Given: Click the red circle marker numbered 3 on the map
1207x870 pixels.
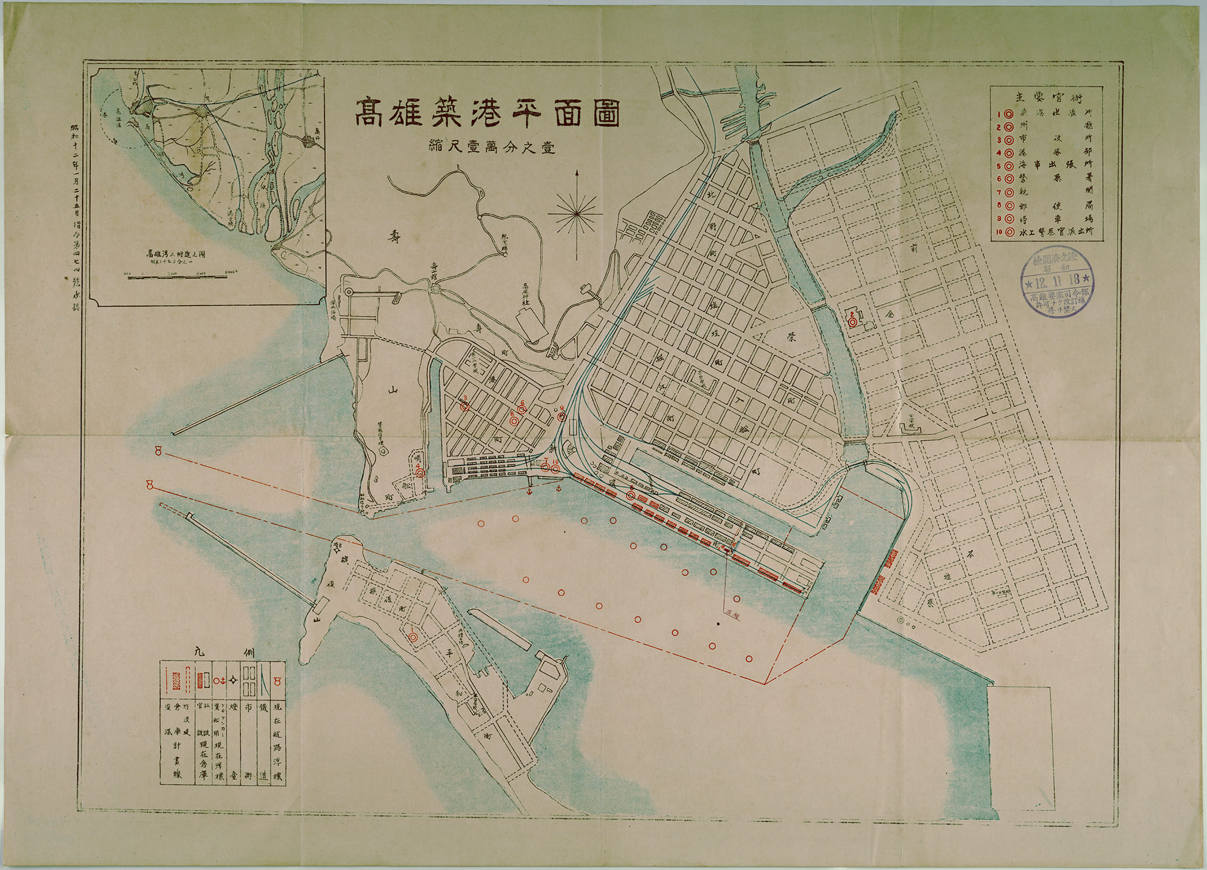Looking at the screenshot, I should pos(464,406).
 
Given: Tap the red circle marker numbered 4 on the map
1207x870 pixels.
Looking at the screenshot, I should pos(420,473).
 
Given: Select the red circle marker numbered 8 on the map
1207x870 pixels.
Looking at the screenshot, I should pos(513,421).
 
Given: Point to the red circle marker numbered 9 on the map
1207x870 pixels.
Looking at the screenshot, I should pos(561,417).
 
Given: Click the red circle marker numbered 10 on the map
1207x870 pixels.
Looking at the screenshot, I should pos(556,469).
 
